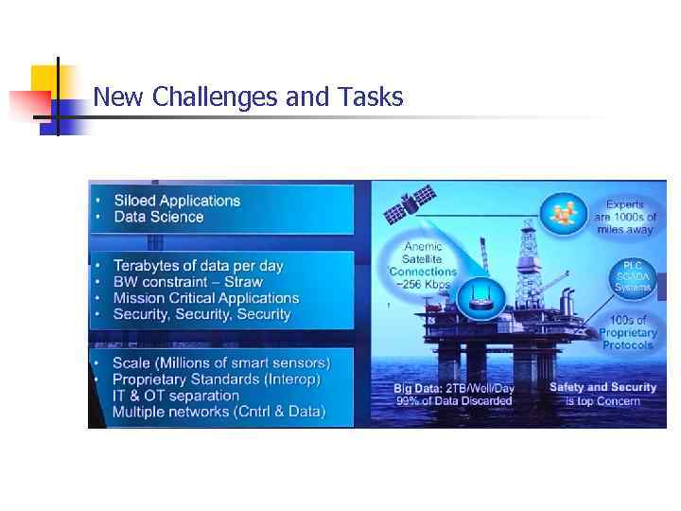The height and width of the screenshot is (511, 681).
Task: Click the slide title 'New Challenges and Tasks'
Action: click(248, 97)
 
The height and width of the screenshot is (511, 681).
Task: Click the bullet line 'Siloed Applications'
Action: click(177, 201)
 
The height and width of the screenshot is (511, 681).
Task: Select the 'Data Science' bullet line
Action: click(159, 217)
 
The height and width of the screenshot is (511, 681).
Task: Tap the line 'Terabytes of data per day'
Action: click(198, 266)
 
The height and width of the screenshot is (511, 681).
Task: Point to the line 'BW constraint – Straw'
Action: click(187, 282)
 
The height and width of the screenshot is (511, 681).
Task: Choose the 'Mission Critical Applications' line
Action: click(206, 298)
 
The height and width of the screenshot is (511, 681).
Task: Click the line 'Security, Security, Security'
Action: click(201, 314)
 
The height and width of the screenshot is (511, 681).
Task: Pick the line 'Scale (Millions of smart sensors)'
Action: click(221, 363)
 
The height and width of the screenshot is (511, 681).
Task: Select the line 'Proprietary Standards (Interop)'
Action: click(216, 379)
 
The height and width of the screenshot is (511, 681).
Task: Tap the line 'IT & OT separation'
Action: click(175, 396)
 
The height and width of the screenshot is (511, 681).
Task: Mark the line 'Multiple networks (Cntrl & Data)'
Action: click(218, 412)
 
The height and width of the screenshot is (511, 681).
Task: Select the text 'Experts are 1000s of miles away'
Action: click(624, 217)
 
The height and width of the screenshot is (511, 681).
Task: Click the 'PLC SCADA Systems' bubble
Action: click(633, 275)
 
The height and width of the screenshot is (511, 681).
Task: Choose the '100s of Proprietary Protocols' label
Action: click(628, 333)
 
